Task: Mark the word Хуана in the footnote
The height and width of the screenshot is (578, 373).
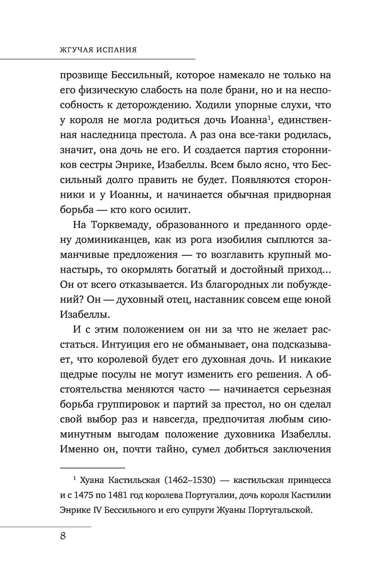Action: click(91, 481)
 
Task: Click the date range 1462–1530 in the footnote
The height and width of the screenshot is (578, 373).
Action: click(189, 481)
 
